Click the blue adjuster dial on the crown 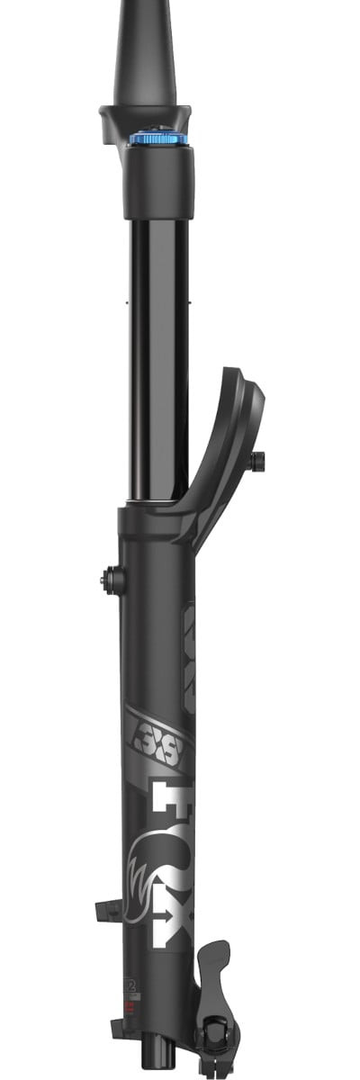(x=158, y=139)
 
